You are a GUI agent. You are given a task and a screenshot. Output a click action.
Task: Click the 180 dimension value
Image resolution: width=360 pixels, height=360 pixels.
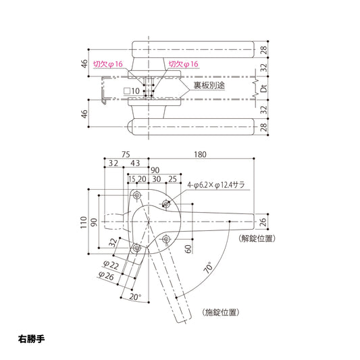coord(200,154)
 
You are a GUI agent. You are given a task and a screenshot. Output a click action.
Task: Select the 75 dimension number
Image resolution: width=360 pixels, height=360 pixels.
coord(126,154)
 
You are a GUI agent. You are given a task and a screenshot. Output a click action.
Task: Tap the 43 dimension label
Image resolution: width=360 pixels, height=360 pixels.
coord(135,163)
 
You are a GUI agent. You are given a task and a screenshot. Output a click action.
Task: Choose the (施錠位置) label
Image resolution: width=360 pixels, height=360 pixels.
coord(220,312)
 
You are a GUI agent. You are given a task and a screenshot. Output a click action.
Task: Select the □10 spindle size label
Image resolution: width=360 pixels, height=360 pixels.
coord(132,90)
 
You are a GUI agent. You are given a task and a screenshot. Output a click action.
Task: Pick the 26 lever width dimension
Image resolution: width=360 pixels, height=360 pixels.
coord(263,220)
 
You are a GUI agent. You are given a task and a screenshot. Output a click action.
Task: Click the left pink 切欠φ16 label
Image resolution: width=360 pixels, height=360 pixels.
coord(107,64)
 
